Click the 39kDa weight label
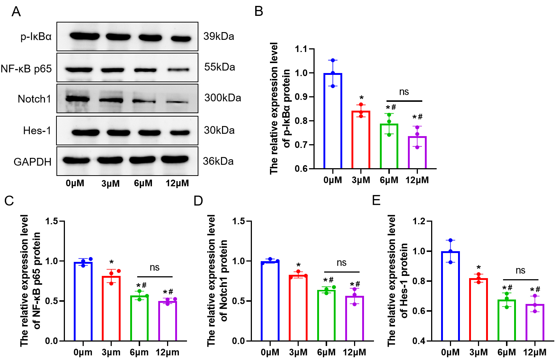point(219,37)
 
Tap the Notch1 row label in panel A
point(34,99)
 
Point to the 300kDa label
point(223,98)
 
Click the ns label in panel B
point(404,92)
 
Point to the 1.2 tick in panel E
point(419,221)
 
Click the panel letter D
point(198,201)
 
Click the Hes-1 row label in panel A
point(37,131)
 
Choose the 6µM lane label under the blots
point(143,183)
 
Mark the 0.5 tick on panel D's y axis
point(238,301)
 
